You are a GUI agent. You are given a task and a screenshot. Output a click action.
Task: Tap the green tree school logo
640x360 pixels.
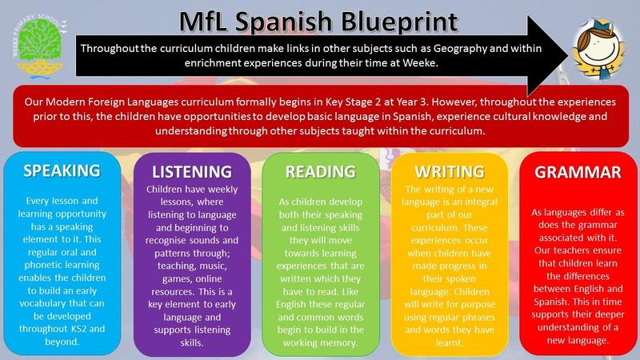click(x=39, y=47)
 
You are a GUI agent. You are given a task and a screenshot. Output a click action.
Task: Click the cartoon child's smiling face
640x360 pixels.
click(x=598, y=49)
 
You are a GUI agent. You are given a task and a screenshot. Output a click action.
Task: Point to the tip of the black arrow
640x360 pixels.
click(x=568, y=55)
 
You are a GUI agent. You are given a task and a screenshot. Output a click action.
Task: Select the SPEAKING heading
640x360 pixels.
click(x=62, y=170)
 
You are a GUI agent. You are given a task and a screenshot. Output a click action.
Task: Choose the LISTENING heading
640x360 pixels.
click(x=192, y=172)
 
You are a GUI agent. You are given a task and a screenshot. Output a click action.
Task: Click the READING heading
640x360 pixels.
click(x=321, y=172)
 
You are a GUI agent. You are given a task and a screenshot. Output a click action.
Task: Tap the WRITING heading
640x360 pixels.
click(x=450, y=172)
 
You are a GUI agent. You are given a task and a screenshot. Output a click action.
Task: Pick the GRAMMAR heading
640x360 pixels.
click(x=578, y=172)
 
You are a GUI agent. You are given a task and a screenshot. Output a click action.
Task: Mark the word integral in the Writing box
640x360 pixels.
click(x=479, y=202)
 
